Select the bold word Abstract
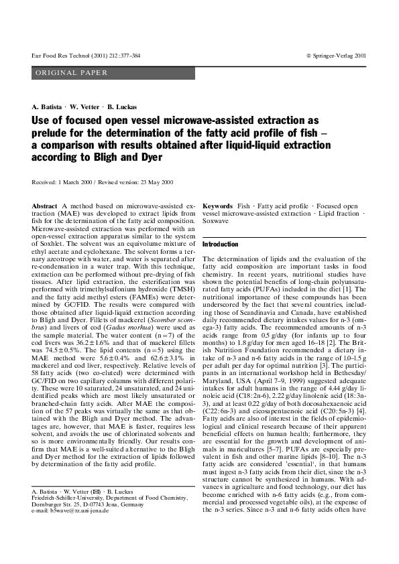44,205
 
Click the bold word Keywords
217,205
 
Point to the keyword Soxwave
217,221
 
